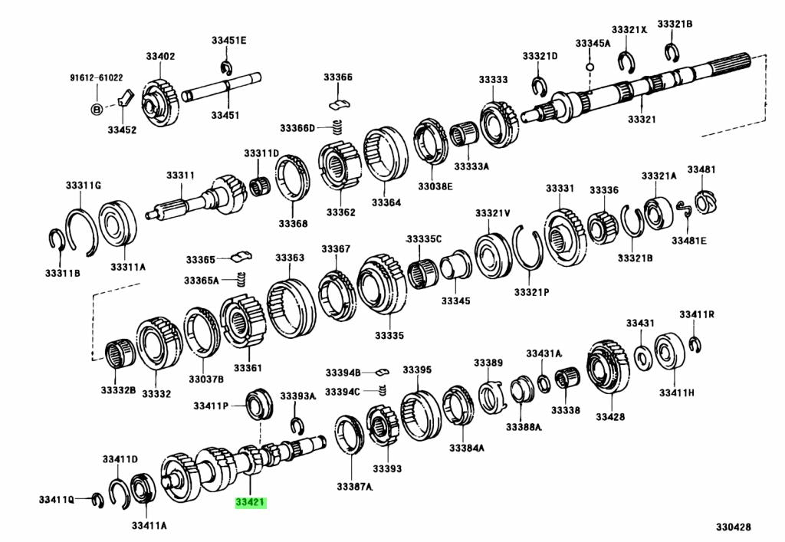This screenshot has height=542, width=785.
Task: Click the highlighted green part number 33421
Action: click(250, 504)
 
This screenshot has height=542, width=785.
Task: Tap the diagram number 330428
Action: click(734, 527)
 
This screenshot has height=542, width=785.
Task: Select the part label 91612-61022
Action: click(97, 77)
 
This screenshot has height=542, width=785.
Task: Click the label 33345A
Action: click(593, 43)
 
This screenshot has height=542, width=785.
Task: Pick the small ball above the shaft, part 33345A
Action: click(589, 66)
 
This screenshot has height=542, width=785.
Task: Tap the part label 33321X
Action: click(629, 29)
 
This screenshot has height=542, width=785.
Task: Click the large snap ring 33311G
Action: click(80, 229)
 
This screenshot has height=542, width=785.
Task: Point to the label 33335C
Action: click(424, 239)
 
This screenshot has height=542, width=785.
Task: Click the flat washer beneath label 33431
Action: click(642, 355)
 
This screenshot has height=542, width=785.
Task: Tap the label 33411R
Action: click(696, 314)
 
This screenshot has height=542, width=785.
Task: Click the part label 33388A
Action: click(524, 427)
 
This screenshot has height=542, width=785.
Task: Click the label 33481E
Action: click(689, 240)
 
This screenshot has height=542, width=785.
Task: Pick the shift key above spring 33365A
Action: click(242, 255)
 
